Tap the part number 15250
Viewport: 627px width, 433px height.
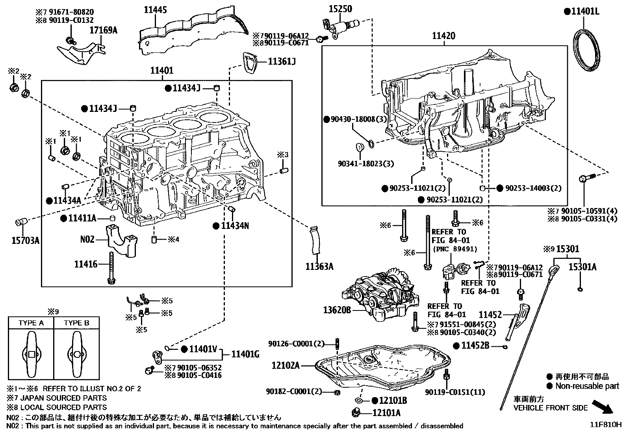coord(340,9)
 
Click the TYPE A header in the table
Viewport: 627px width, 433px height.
coord(31,323)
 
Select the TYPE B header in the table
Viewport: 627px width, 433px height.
coord(76,323)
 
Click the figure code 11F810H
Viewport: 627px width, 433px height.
coord(605,425)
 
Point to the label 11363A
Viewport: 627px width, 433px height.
coord(319,267)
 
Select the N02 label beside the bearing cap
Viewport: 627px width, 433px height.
coord(87,239)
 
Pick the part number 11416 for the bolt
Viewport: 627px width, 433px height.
coord(85,264)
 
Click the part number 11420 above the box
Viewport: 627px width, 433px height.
coord(443,36)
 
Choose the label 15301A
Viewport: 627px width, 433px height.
coord(582,267)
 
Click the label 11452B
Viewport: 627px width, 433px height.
coord(475,346)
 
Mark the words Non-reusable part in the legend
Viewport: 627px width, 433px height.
coord(587,386)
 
